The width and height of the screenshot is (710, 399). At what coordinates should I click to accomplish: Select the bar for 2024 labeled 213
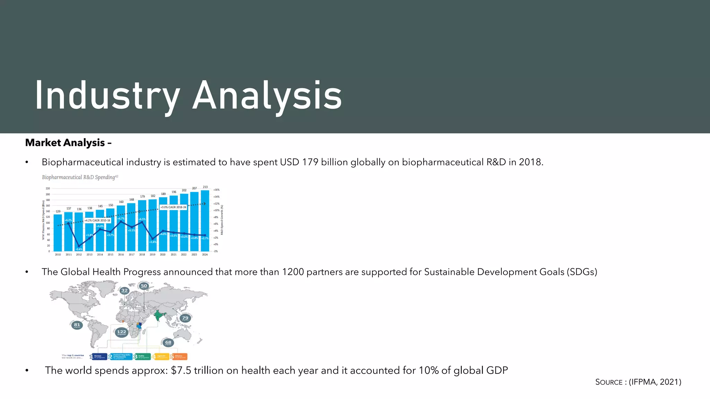(x=205, y=222)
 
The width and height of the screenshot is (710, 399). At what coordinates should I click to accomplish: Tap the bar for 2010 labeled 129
(x=58, y=234)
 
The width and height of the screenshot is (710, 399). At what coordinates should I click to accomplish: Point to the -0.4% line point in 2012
(x=79, y=246)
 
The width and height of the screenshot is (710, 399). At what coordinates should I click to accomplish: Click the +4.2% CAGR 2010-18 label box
(x=97, y=220)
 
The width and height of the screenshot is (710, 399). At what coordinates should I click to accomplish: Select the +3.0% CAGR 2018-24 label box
(x=173, y=207)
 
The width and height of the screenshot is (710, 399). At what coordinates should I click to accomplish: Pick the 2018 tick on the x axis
(x=142, y=255)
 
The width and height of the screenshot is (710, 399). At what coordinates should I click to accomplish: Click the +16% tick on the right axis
(x=216, y=190)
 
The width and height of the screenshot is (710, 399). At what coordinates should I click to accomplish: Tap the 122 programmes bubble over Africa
(x=121, y=332)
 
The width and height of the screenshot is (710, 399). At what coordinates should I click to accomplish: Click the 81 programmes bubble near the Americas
(x=77, y=325)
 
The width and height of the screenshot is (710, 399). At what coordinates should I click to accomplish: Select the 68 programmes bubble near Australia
(x=168, y=343)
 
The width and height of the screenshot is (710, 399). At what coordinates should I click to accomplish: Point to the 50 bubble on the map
(x=144, y=286)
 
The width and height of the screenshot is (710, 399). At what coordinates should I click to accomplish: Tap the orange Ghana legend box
(x=179, y=356)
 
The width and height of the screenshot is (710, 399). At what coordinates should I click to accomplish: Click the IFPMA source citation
(x=655, y=382)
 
